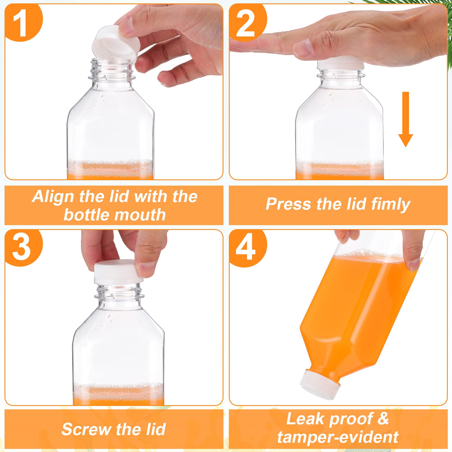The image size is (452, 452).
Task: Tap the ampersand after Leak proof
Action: pyautogui.click(x=383, y=419)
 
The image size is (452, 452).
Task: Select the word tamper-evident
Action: pyautogui.click(x=338, y=437)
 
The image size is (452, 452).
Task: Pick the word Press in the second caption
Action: pyautogui.click(x=288, y=204)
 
